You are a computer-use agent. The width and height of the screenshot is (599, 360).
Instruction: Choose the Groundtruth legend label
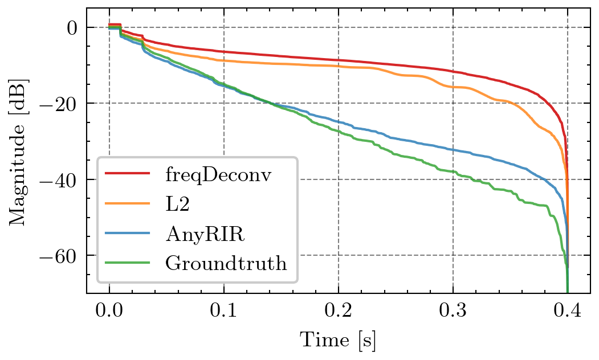[x=226, y=263]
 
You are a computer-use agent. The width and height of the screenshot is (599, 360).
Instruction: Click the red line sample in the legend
[x=129, y=173]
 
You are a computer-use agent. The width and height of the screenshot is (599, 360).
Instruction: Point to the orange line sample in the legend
[x=129, y=203]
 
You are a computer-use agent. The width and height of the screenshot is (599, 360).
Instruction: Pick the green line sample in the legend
[x=129, y=263]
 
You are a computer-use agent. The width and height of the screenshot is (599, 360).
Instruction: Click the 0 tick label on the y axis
[x=73, y=28]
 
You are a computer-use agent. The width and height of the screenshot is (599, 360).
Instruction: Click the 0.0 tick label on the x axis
[x=109, y=312]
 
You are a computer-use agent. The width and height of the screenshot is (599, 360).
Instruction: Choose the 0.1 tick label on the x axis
[x=224, y=312]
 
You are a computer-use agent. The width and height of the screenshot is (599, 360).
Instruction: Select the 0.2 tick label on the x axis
[x=339, y=312]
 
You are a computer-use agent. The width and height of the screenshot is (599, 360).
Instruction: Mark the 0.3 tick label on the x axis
[x=453, y=312]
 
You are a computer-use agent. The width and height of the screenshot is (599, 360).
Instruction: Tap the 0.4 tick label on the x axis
[x=568, y=312]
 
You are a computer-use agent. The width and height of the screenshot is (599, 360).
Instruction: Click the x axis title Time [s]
[x=338, y=341]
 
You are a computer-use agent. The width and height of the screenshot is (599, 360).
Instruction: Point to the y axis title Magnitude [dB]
[x=19, y=150]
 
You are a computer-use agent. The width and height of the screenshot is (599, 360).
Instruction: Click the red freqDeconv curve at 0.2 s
[x=339, y=60]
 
